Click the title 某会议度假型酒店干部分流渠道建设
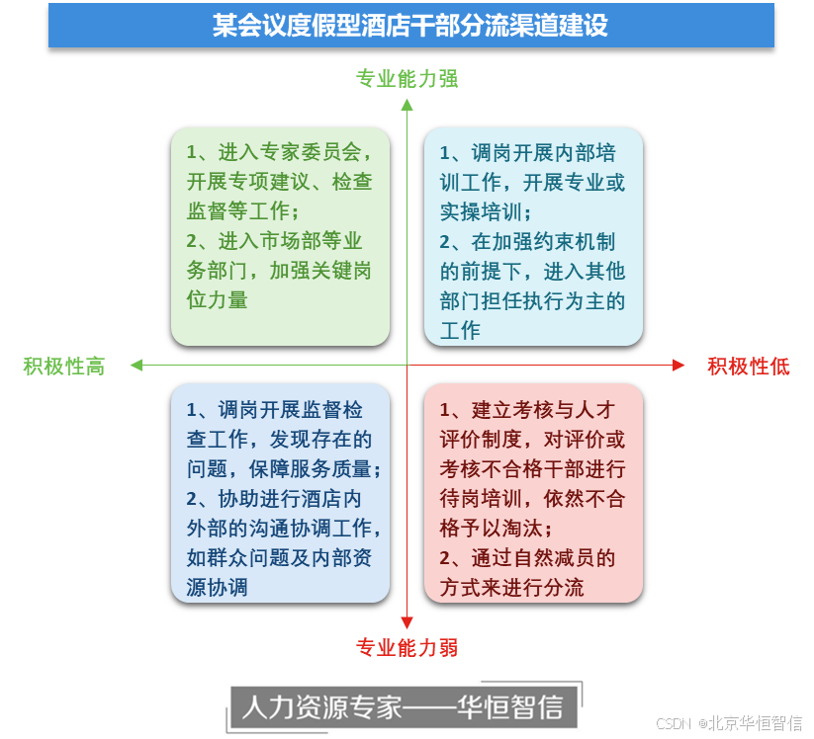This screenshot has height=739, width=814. [410, 26]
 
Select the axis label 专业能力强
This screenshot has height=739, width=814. [407, 79]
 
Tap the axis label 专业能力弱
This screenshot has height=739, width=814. [407, 648]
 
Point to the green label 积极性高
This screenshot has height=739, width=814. [63, 366]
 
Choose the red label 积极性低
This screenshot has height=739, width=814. [748, 366]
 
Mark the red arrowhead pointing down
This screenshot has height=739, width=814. [407, 621]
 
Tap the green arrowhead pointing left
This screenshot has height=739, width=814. [136, 366]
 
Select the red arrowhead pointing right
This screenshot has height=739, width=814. [678, 366]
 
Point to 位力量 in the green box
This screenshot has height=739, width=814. [217, 300]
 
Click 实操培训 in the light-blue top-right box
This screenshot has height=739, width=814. [484, 212]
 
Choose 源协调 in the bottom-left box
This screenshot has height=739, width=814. [217, 587]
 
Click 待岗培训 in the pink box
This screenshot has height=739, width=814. [484, 498]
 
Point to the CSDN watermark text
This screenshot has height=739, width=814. [673, 722]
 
